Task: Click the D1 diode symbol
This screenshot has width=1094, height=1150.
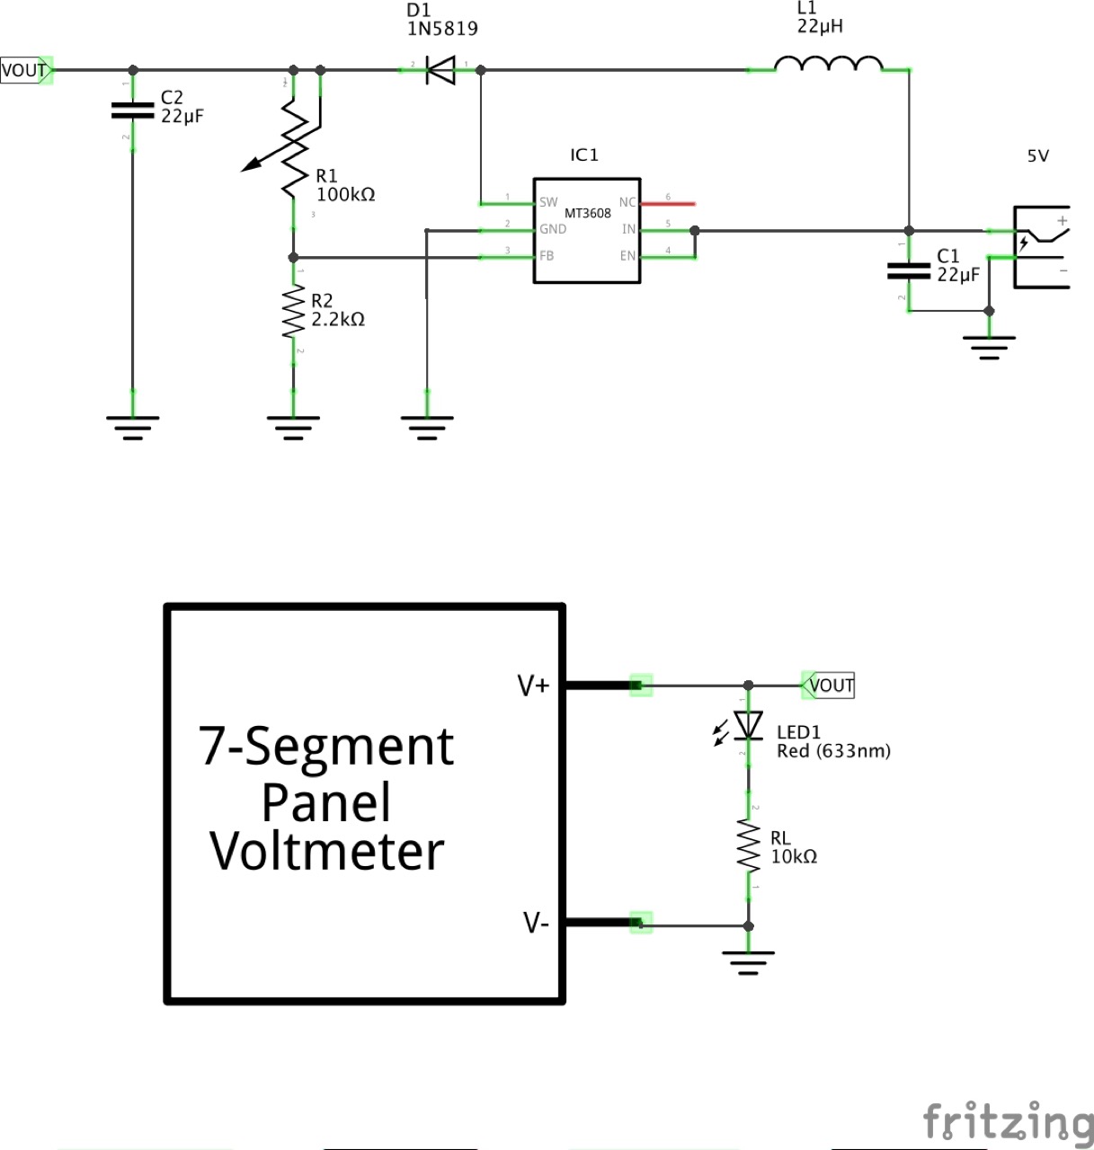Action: pos(440,70)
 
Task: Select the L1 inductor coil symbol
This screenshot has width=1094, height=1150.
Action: pos(828,65)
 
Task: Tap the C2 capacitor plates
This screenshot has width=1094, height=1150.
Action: pos(132,111)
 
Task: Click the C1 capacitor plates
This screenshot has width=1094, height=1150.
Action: pos(908,270)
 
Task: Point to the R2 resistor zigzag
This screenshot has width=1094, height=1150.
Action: pos(293,313)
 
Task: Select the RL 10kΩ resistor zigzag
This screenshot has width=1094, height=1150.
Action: pos(748,845)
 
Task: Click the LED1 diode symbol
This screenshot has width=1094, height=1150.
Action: pos(747,725)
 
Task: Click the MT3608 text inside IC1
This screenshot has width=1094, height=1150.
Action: pos(587,214)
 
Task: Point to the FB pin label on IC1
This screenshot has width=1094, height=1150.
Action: pos(547,257)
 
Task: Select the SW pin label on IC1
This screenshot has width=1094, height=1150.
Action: pos(548,202)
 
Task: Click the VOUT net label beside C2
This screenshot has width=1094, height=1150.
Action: pos(25,70)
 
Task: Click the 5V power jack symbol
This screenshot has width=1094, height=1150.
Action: pos(1041,247)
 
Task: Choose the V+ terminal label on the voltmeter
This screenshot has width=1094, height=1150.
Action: pos(532,686)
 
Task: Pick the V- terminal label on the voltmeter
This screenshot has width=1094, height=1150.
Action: pos(535,923)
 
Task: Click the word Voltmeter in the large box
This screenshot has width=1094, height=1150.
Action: pos(327,851)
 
